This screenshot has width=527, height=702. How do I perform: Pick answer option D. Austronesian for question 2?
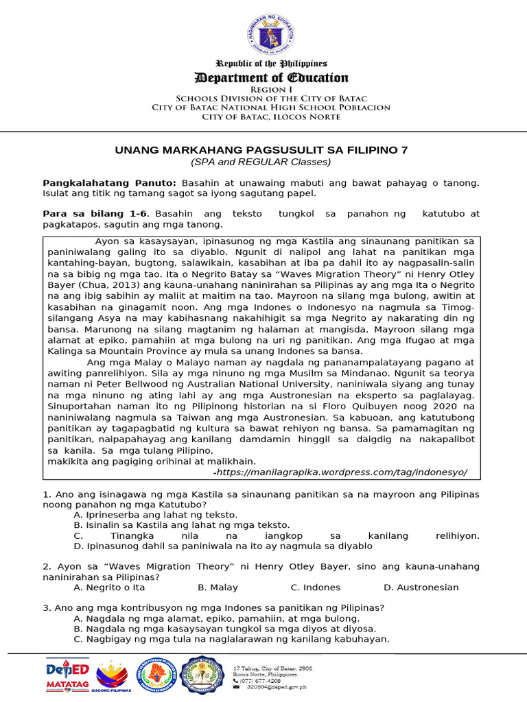[x=421, y=588]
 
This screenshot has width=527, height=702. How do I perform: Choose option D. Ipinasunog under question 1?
[x=222, y=546]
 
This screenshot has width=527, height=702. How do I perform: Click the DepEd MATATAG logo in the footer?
[x=67, y=675]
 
